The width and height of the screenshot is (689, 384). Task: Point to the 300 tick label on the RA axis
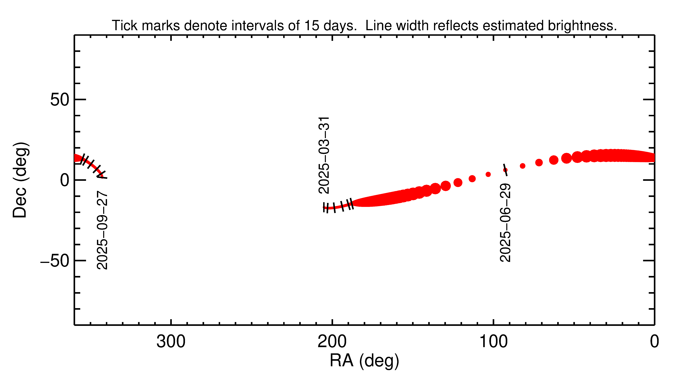[171, 342]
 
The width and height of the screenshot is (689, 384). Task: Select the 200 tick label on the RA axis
[332, 342]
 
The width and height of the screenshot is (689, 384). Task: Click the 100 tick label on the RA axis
[493, 342]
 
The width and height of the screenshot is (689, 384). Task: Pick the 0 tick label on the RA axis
[654, 342]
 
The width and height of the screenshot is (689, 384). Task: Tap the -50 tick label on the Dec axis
[55, 261]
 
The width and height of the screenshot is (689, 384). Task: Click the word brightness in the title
[582, 26]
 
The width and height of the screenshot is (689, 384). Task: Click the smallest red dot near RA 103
[488, 174]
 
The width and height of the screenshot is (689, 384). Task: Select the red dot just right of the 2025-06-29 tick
[522, 166]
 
